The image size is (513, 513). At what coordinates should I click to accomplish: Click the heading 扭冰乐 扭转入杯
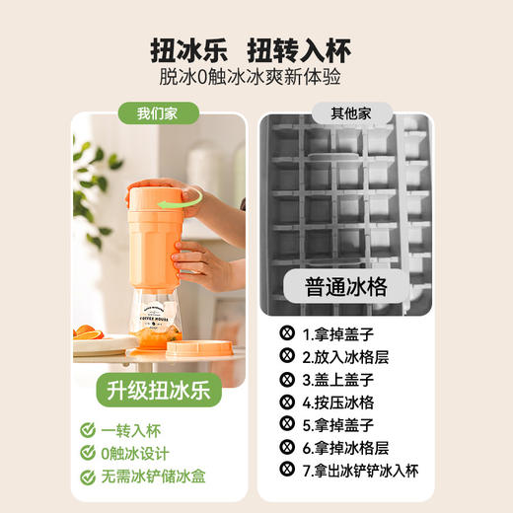click(x=256, y=49)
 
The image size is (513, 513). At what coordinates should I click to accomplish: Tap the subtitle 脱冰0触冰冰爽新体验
click(x=256, y=80)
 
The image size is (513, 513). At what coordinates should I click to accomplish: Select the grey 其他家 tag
click(x=344, y=114)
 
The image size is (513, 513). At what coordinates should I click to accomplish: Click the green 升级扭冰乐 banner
click(x=158, y=389)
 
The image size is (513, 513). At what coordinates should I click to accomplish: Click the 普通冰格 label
click(x=344, y=287)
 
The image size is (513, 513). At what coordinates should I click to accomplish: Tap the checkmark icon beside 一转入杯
click(x=88, y=430)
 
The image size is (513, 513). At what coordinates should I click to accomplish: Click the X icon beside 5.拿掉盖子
click(x=288, y=425)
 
